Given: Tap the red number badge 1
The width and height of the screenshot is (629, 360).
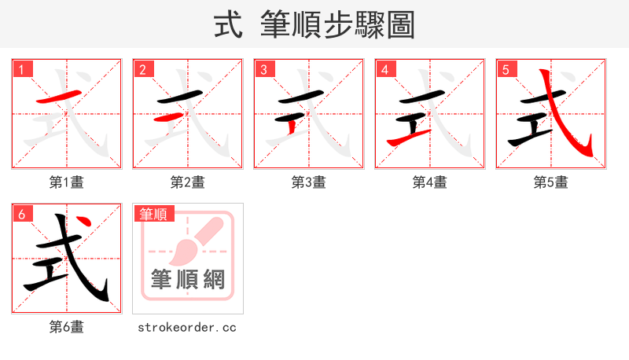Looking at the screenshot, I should [x=21, y=69].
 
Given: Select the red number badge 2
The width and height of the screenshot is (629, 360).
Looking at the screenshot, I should [x=142, y=69].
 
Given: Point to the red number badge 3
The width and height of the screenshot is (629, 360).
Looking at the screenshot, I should [x=263, y=69].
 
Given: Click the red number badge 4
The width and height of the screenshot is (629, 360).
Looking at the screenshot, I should [x=384, y=69].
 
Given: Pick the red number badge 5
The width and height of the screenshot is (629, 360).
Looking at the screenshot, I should [x=506, y=69].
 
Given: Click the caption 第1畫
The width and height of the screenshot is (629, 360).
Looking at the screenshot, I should [x=66, y=182].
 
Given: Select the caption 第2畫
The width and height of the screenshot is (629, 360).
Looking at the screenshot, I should [x=187, y=182].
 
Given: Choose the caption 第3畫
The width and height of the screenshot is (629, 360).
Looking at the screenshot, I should [x=308, y=182].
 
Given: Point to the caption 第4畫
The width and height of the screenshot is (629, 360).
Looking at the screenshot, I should [x=429, y=182].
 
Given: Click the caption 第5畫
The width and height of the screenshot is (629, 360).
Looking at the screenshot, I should [x=550, y=182].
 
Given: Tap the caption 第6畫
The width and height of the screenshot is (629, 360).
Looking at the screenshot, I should [x=66, y=327].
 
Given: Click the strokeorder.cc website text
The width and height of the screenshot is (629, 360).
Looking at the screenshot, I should [x=187, y=327].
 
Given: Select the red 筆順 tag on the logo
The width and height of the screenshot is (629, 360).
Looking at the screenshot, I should [x=153, y=213].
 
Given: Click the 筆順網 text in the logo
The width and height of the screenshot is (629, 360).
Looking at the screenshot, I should [x=187, y=279].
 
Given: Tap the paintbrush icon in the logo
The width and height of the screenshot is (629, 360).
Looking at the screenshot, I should [x=193, y=241].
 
